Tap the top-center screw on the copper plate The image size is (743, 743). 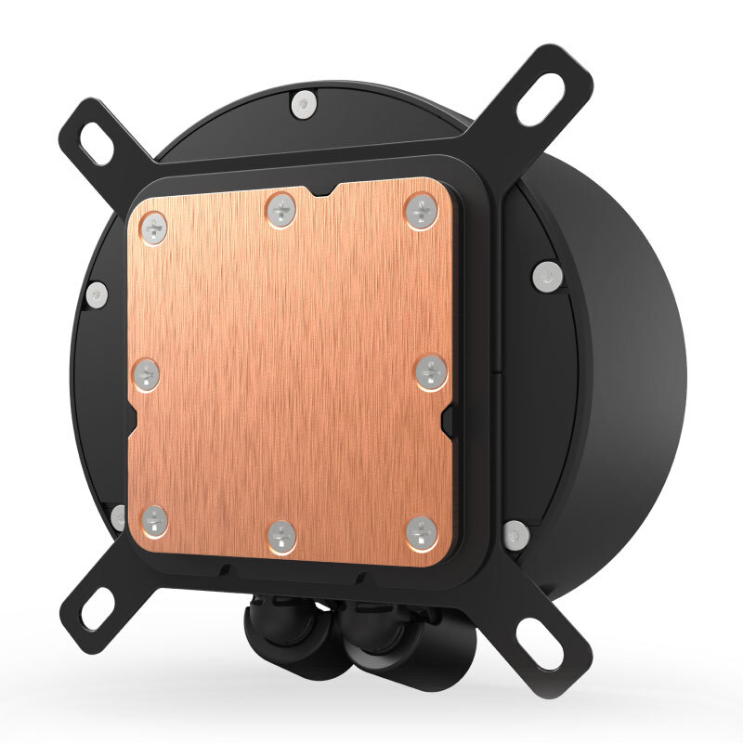[x=280, y=209]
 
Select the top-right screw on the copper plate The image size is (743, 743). [x=421, y=212]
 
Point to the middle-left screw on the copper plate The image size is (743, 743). [x=147, y=374]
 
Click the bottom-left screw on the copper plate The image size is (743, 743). [x=153, y=521]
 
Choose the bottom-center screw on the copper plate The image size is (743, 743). [x=280, y=536]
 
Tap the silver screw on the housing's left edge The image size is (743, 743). [x=97, y=294]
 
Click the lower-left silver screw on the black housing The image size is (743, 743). [x=119, y=516]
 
